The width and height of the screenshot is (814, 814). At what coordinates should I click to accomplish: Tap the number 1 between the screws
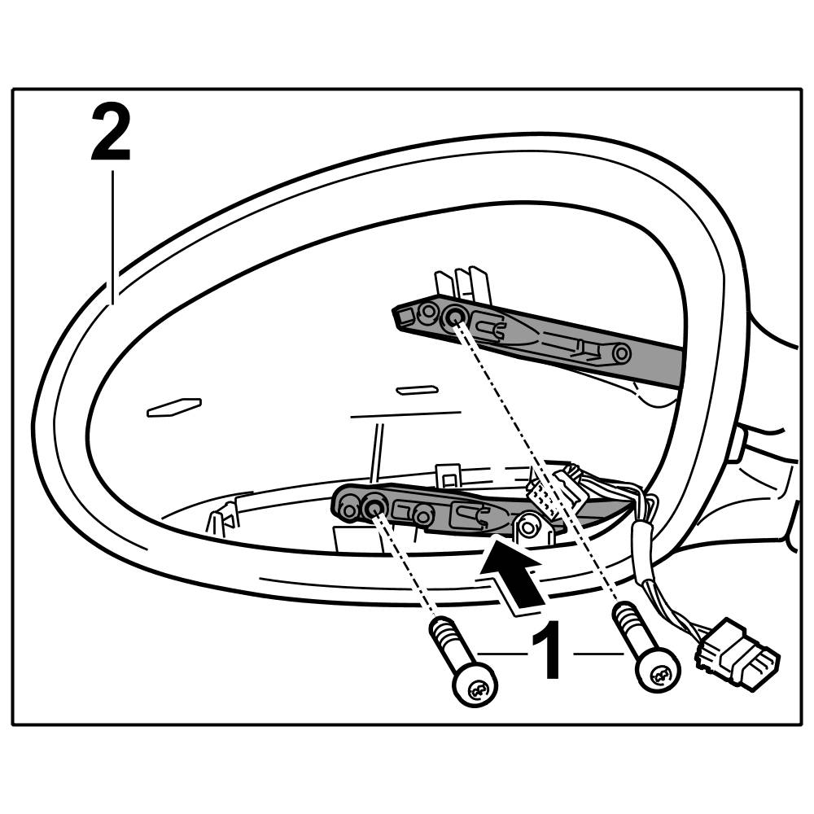coord(546,651)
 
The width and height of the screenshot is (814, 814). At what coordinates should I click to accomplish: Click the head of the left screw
coord(475,689)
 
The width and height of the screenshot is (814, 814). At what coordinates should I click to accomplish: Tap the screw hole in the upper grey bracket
coord(455,317)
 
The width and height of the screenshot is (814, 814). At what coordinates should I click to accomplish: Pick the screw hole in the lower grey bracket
coord(374,508)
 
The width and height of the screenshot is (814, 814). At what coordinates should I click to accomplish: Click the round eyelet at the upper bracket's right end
coord(621,354)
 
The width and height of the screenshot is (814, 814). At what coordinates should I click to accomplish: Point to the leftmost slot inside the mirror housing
coord(173,407)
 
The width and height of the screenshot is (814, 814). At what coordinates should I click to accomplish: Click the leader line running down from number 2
coord(112,236)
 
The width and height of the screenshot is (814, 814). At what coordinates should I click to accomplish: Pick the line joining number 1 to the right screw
coord(598,653)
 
